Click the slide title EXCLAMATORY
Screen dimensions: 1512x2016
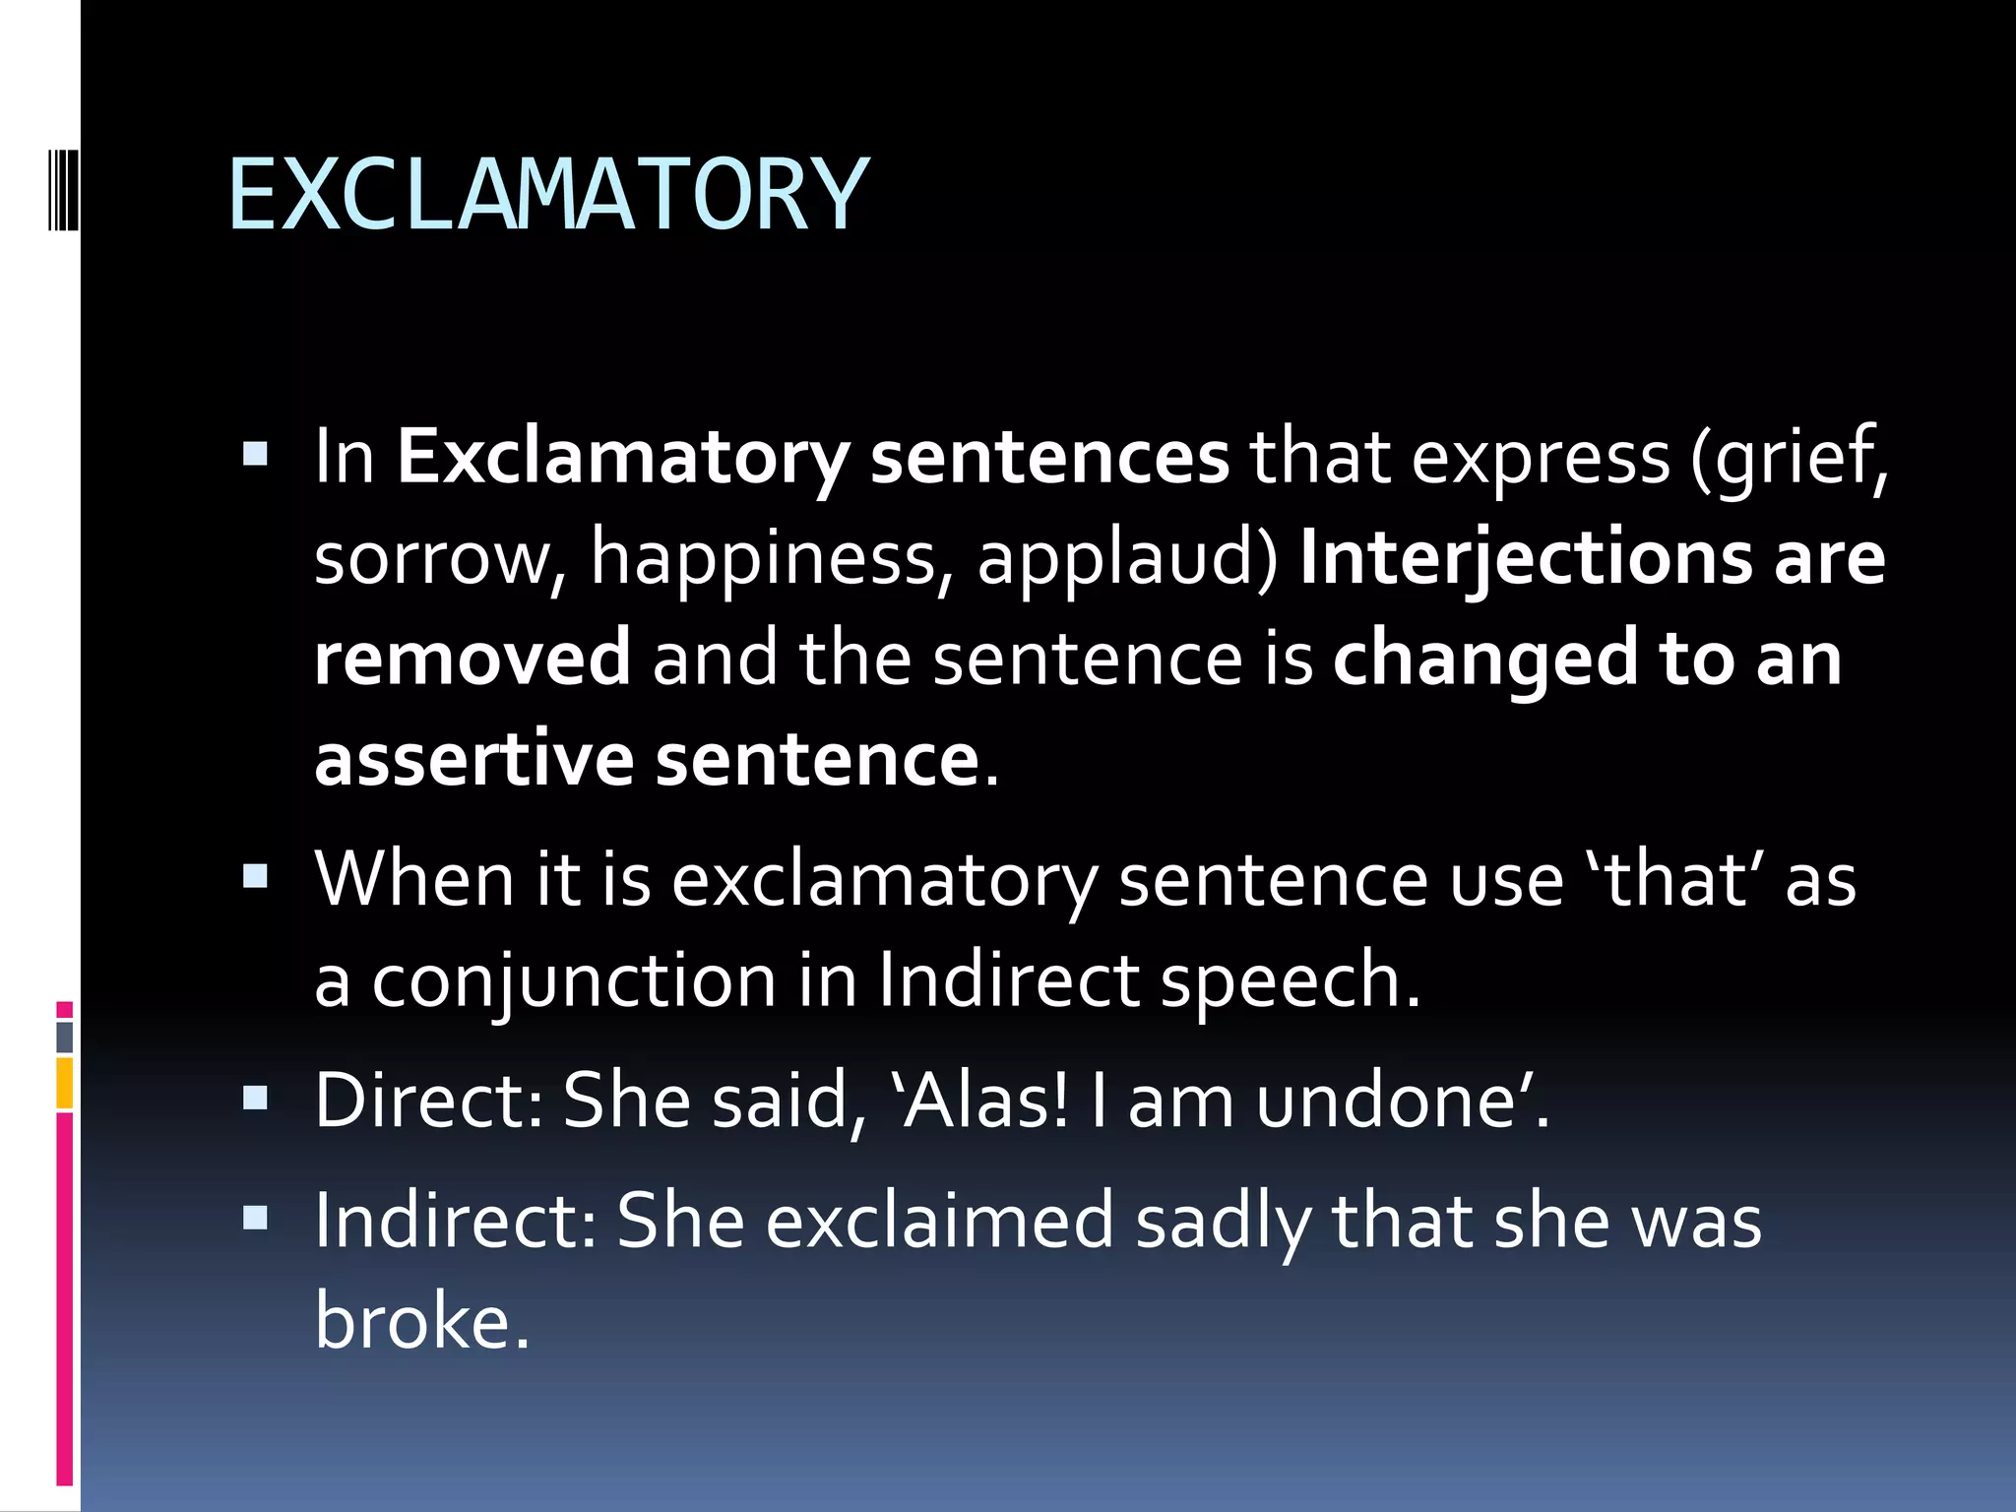(548, 196)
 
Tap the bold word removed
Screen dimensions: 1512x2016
(472, 659)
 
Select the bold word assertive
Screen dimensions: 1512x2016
(473, 760)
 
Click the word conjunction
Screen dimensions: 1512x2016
(574, 981)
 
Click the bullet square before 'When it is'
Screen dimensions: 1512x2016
(256, 876)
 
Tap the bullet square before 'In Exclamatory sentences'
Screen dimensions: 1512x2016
(256, 454)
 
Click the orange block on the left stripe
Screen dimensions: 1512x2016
(65, 1083)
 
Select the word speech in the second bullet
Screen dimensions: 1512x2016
(1290, 981)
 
